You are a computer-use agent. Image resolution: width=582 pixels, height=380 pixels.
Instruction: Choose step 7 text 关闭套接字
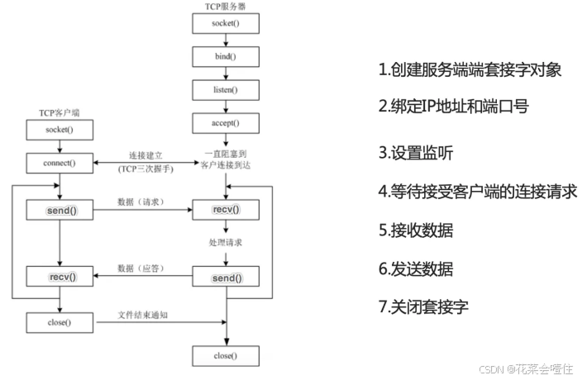point(424,307)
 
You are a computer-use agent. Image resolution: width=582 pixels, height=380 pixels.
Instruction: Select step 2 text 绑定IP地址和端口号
point(454,107)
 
